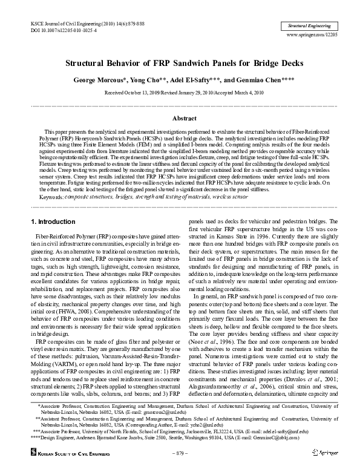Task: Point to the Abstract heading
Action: [180, 119]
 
